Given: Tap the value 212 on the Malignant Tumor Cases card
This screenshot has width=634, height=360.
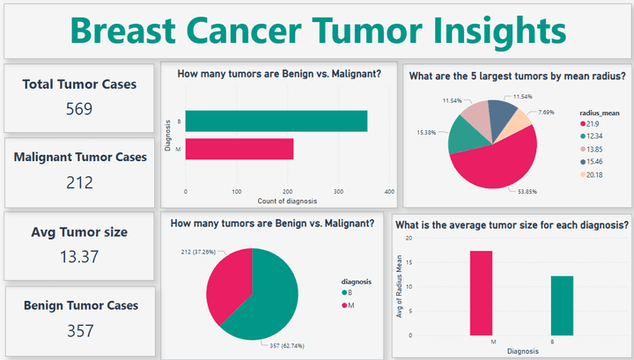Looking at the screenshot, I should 79,183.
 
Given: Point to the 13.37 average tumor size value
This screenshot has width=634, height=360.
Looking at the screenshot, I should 79,257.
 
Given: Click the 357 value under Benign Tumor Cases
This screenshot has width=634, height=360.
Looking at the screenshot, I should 79,331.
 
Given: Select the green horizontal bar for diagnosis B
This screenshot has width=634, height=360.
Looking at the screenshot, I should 276,121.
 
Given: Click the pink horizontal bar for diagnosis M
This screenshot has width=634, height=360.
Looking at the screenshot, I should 239,149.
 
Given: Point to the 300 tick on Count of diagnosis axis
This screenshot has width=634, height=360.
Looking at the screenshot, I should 338,191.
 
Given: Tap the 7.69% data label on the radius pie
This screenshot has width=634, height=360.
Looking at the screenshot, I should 546,113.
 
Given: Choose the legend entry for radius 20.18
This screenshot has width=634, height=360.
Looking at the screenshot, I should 592,175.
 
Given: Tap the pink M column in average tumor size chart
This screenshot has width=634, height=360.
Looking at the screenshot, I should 480,292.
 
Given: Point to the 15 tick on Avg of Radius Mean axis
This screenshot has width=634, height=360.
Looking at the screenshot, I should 408,261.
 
